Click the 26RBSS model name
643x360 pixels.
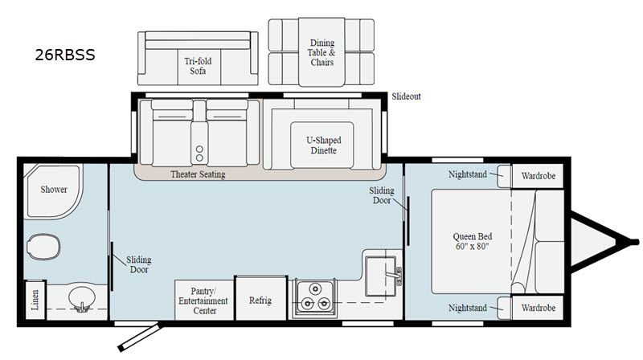pos(65,55)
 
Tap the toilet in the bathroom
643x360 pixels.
pos(43,247)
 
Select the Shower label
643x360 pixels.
pos(54,190)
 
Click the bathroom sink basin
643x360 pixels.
pos(82,297)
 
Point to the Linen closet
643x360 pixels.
pos(35,300)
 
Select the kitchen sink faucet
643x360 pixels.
pos(395,275)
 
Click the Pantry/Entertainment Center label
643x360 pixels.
pos(203,301)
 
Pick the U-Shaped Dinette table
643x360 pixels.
pos(322,145)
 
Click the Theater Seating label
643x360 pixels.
pos(198,174)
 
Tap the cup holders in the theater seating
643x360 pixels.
pos(199,153)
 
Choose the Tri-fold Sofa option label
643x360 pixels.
pos(198,66)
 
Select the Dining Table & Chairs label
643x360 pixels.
pos(322,52)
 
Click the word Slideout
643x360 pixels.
pos(406,96)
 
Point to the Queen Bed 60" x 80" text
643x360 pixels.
pos(473,241)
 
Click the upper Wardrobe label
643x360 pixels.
pos(538,176)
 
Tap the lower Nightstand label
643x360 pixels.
pos(468,308)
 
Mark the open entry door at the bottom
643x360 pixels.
pos(140,337)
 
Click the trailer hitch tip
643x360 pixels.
pos(636,242)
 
